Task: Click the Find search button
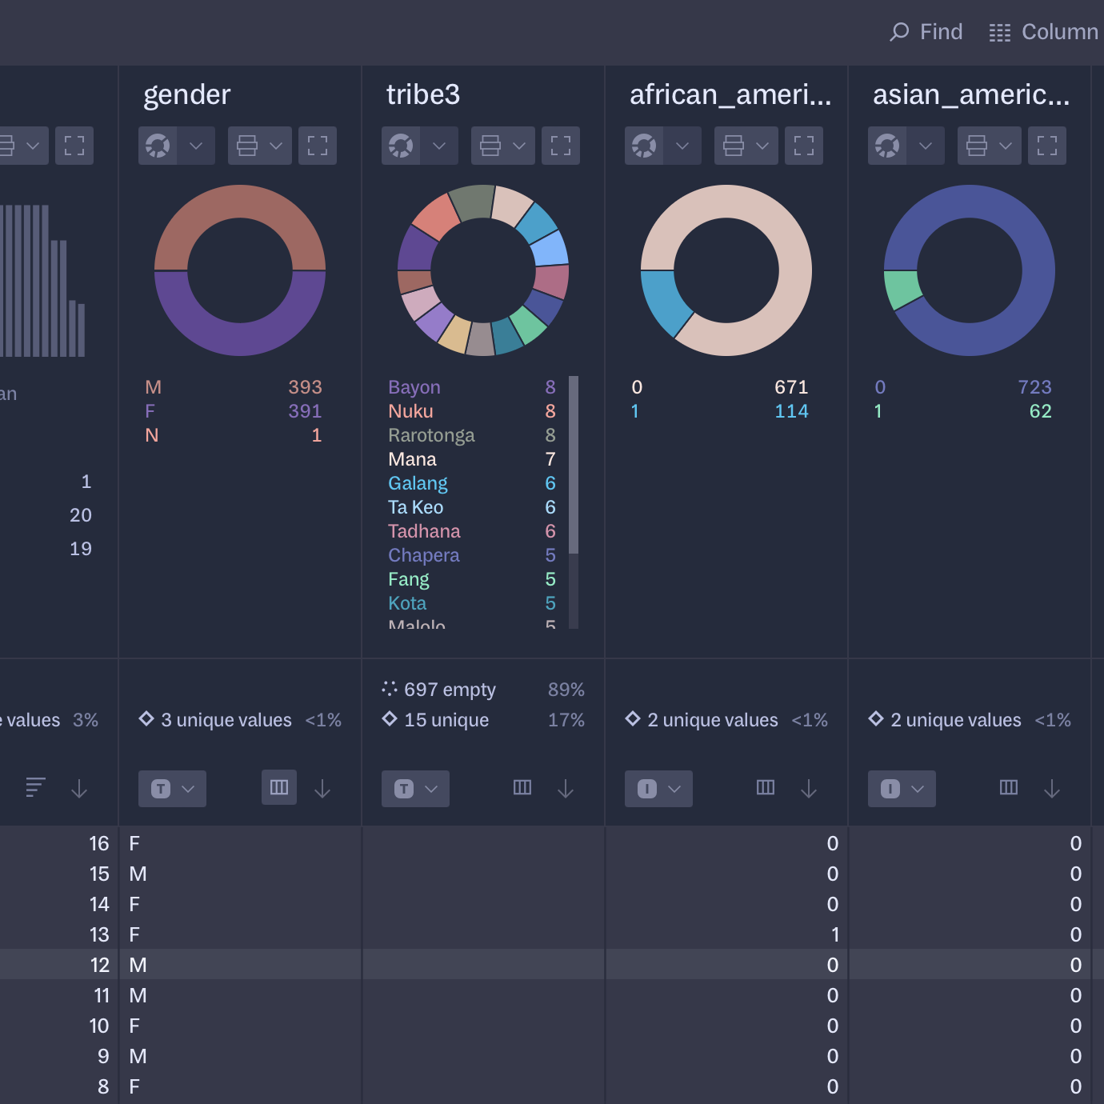926,32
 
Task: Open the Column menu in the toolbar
1043,32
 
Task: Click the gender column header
187,94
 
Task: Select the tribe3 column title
423,94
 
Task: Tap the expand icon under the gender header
318,146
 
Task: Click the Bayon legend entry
414,387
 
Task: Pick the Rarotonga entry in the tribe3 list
431,435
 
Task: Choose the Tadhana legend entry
424,531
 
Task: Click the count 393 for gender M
305,387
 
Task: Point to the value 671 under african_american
791,387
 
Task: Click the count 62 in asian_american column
1040,411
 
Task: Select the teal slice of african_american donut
663,302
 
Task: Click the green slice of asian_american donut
902,289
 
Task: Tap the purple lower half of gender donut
240,328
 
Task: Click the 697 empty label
449,690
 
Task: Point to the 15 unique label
446,720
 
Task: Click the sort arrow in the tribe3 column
566,789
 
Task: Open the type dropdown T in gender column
172,789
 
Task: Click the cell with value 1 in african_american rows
834,934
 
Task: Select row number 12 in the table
99,965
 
